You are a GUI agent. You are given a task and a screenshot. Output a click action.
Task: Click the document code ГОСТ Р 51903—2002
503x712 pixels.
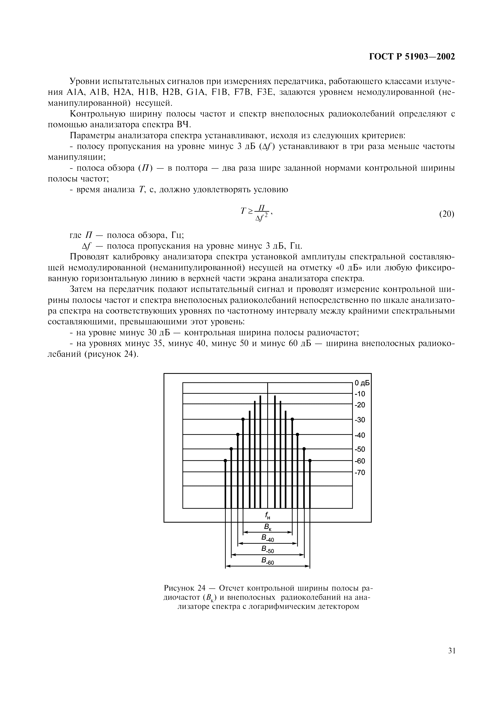click(412, 57)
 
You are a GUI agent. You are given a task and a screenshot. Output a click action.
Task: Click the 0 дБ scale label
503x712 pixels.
click(362, 383)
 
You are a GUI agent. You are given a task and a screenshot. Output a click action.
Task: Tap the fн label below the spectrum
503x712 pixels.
click(267, 515)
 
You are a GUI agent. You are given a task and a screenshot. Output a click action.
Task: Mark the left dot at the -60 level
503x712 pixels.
click(225, 461)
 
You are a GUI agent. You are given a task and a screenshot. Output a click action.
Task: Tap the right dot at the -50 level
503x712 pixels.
click(304, 449)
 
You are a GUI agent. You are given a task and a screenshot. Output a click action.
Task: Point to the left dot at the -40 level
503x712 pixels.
click(238, 435)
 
